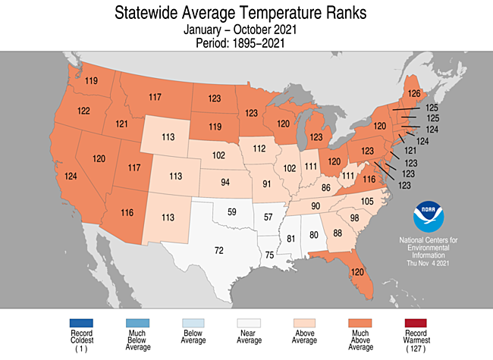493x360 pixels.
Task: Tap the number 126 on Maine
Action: coord(415,94)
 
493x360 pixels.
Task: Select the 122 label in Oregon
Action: coord(84,111)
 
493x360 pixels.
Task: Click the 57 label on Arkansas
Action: coord(267,218)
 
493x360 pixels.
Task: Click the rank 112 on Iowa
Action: coord(259,148)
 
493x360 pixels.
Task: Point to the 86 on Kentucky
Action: coord(325,186)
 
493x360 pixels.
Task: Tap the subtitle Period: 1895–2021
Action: coord(246,43)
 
